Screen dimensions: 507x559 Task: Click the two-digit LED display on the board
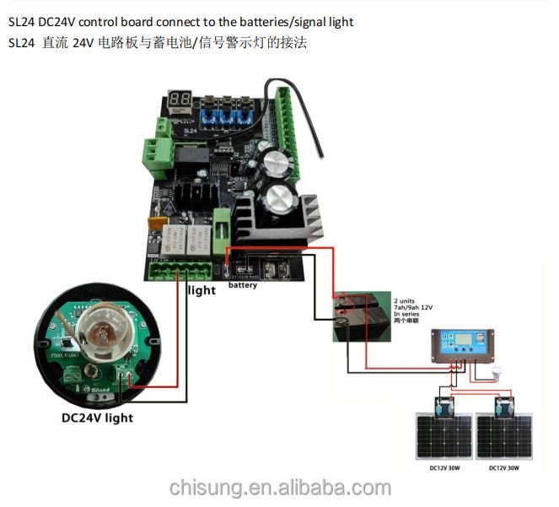[x=179, y=99]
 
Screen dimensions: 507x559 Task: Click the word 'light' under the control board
[x=202, y=289]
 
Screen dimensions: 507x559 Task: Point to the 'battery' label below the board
[x=243, y=285]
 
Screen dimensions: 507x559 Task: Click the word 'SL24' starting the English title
[x=21, y=21]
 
